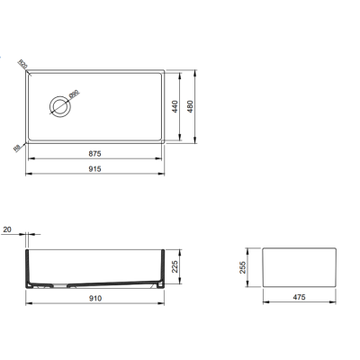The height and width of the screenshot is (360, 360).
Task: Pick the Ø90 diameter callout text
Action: coord(76,93)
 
